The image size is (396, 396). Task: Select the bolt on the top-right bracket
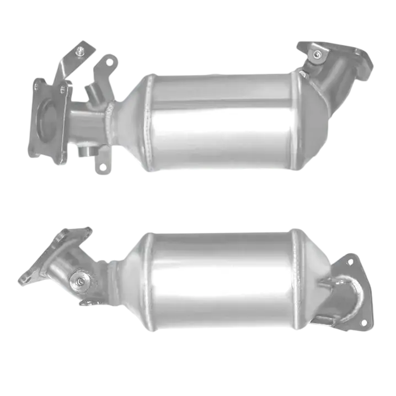click(317, 54)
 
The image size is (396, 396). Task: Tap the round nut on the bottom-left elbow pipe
click(81, 281)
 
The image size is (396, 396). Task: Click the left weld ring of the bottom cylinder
click(147, 281)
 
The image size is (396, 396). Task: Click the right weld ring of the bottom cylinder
click(298, 281)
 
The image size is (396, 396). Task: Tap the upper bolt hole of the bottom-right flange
click(349, 262)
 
